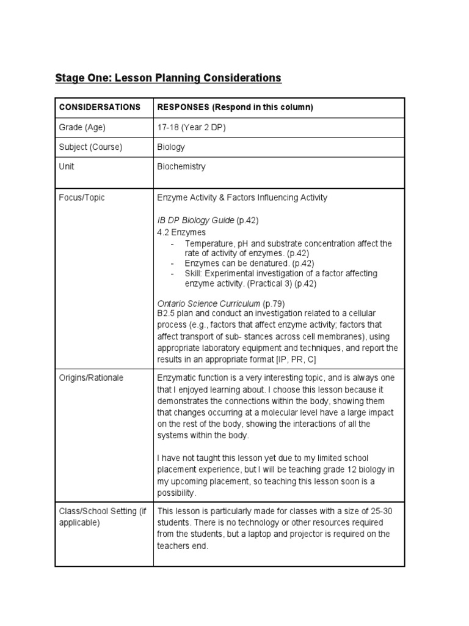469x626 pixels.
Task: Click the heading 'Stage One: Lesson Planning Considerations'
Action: (168, 78)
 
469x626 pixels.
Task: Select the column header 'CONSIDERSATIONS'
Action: (100, 107)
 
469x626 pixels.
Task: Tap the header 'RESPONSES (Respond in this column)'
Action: (235, 107)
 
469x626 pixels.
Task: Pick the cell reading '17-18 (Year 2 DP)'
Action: (192, 127)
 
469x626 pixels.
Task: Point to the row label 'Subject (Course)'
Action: (90, 147)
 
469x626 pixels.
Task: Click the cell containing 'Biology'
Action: (171, 147)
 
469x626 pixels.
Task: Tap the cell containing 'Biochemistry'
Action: (181, 166)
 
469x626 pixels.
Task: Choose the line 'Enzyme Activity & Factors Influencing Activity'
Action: (242, 197)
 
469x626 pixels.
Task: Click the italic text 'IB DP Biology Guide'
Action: (195, 220)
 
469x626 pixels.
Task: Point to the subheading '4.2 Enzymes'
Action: (181, 232)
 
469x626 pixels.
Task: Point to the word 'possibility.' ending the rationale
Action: (177, 492)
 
